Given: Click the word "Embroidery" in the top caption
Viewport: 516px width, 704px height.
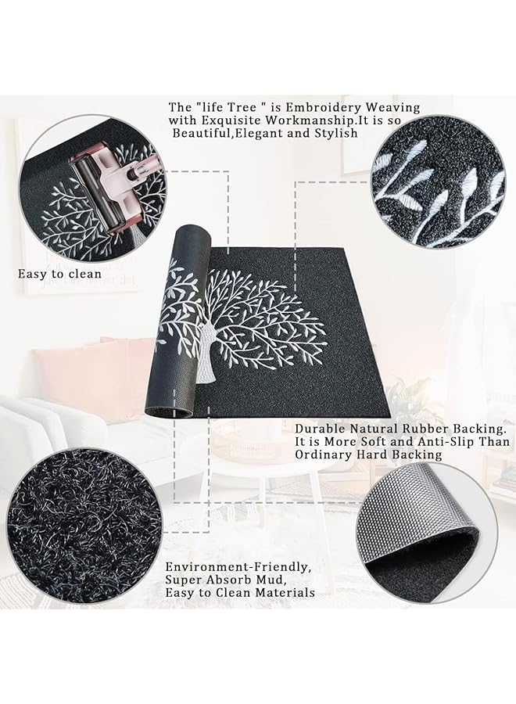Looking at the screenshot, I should tap(326, 107).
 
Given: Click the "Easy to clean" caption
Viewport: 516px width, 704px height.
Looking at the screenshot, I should tap(60, 275).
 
